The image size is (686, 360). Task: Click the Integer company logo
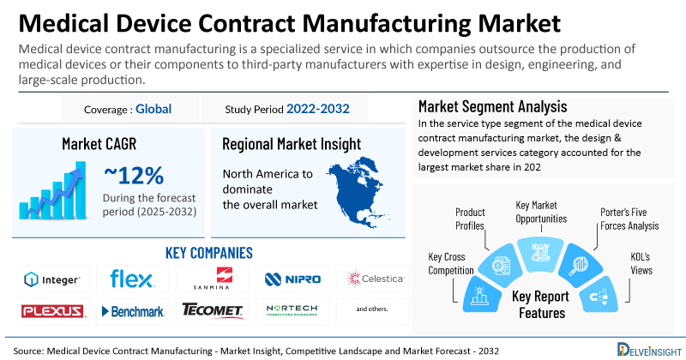52,279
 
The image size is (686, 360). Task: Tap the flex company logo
131,279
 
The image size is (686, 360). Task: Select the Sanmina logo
211,279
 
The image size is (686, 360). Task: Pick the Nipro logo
292,279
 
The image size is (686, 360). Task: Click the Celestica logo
370,279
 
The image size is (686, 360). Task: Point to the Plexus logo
52,309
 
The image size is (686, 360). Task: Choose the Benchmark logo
131,309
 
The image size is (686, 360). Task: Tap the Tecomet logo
211,309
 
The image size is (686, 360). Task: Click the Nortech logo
292,309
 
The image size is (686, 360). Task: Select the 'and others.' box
370,309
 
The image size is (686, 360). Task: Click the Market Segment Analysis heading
492,107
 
